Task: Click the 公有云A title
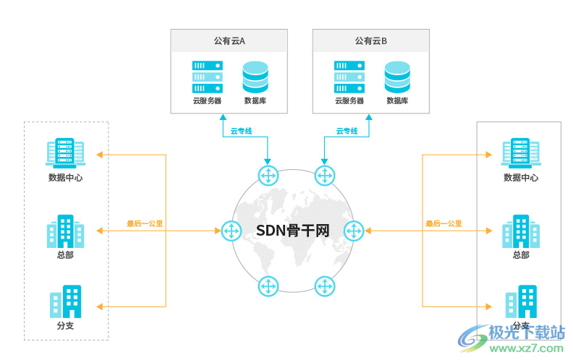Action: click(x=229, y=41)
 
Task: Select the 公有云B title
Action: click(x=370, y=41)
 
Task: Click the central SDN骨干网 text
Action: click(x=292, y=231)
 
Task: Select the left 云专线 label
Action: click(x=241, y=131)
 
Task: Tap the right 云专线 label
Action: click(x=347, y=131)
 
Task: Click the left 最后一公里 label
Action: click(x=145, y=223)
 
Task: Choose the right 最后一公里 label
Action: click(x=443, y=223)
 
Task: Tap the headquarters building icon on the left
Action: click(x=65, y=231)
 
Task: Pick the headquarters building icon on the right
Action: click(x=520, y=231)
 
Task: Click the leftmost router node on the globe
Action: click(x=232, y=231)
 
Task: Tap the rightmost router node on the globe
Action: click(x=353, y=231)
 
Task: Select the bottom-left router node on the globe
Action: click(x=268, y=286)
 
